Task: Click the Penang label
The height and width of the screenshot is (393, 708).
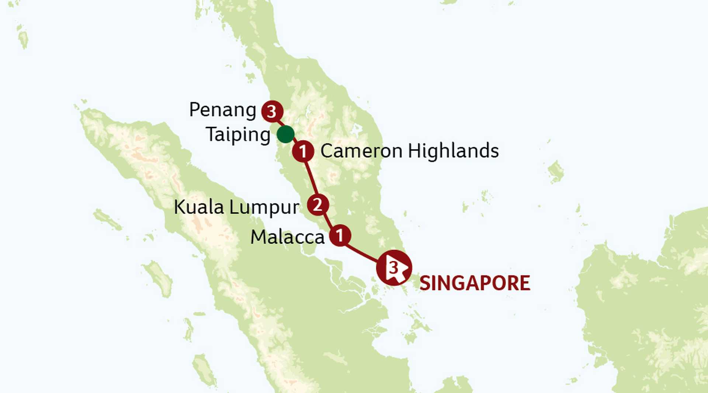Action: (222, 110)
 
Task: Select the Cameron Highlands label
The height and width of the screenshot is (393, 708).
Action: (409, 151)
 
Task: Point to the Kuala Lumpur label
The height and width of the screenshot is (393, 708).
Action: (236, 207)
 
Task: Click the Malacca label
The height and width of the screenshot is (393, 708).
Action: (287, 237)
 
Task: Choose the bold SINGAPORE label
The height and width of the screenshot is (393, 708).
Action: (475, 283)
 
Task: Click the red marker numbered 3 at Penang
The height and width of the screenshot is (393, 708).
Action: (272, 111)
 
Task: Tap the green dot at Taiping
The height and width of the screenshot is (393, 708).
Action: (285, 134)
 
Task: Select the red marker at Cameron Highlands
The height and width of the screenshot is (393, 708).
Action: (303, 151)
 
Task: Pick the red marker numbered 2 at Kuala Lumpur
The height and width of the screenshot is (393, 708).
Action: (318, 205)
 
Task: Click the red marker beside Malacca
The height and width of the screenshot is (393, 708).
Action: (340, 235)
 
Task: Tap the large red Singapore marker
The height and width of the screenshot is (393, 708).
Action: (394, 268)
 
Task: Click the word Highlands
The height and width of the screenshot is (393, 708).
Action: (453, 151)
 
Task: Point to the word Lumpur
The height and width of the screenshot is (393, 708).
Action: (264, 208)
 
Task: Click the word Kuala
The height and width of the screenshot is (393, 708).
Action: (199, 207)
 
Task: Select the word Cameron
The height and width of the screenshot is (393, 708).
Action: (361, 151)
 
